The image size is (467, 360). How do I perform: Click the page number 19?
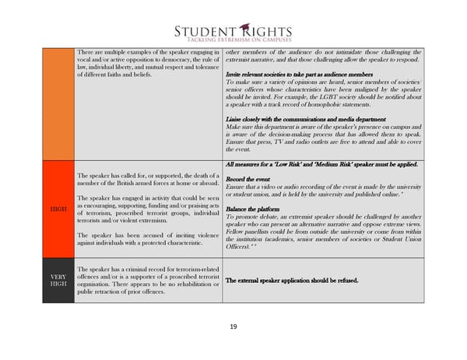click(233, 327)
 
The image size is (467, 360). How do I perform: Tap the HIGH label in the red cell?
click(58, 208)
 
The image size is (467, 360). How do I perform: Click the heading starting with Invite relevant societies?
click(300, 73)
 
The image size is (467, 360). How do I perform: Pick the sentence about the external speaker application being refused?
click(291, 280)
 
